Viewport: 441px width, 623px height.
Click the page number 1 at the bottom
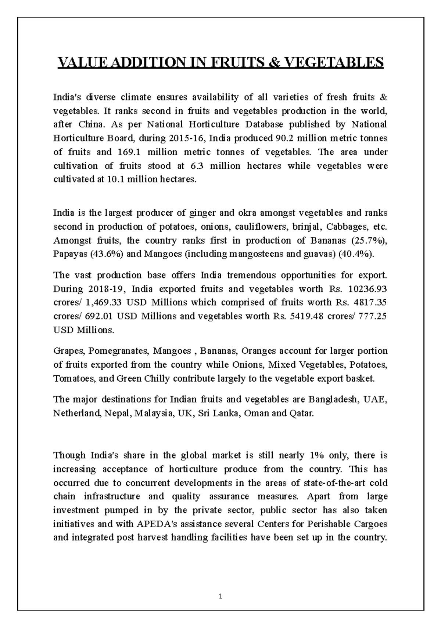pyautogui.click(x=220, y=596)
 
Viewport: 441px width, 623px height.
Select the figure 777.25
pyautogui.click(x=372, y=316)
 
